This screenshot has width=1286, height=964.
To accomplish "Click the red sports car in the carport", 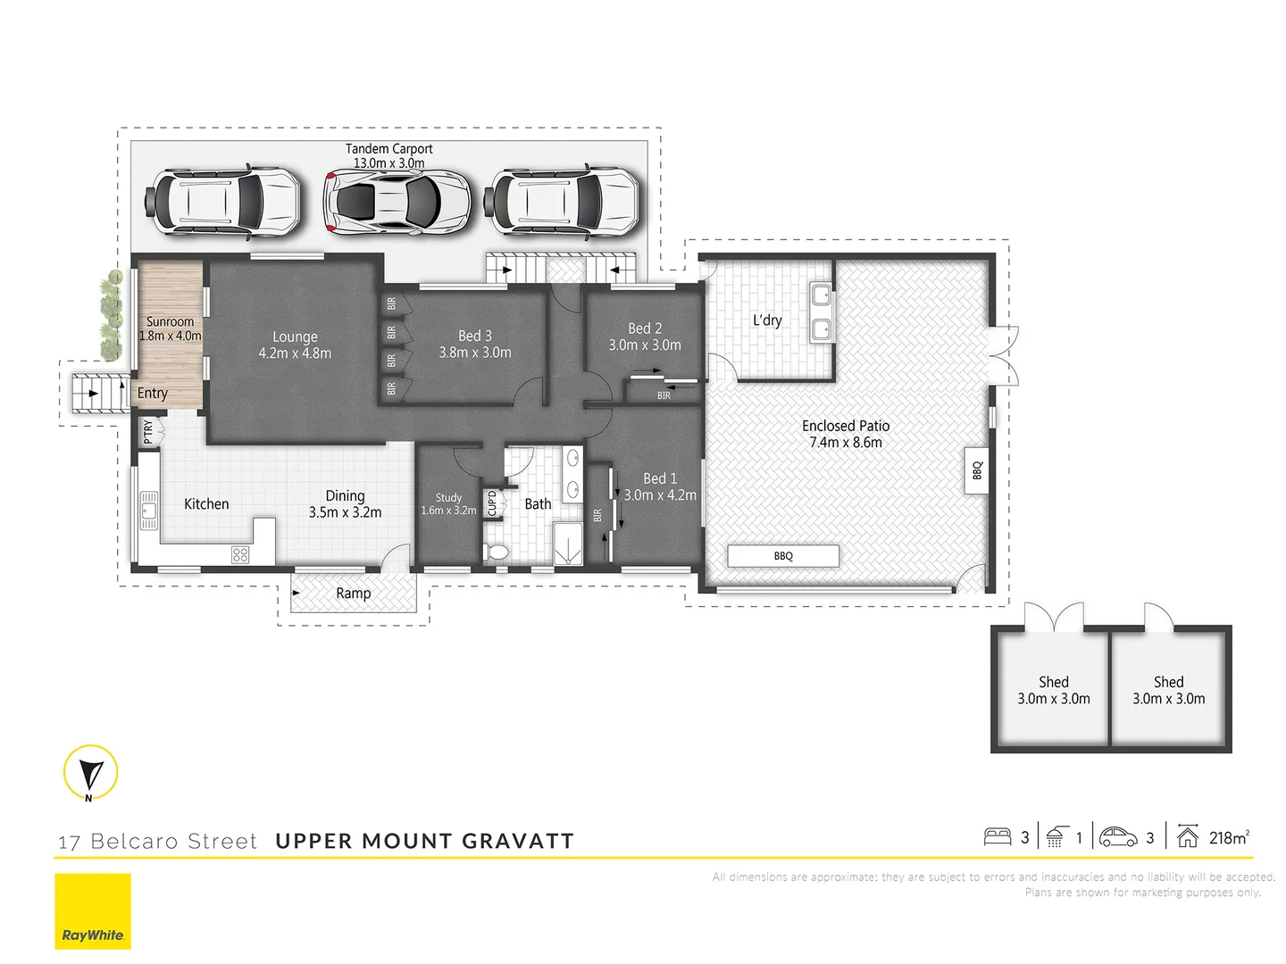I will pyautogui.click(x=397, y=203).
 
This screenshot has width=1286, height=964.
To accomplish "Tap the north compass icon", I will pyautogui.click(x=90, y=772).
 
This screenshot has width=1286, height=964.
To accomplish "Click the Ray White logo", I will pyautogui.click(x=93, y=910).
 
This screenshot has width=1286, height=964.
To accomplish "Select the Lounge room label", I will pyautogui.click(x=295, y=337).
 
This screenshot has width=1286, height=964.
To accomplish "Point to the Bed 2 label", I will pyautogui.click(x=645, y=328).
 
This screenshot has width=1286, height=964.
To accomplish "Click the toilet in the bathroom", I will pyautogui.click(x=497, y=552).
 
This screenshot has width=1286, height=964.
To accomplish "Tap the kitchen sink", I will pyautogui.click(x=148, y=510).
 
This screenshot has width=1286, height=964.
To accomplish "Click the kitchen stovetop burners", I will pyautogui.click(x=240, y=554).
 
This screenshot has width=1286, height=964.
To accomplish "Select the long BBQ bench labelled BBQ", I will pyautogui.click(x=783, y=556).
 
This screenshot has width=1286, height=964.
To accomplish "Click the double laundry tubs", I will pyautogui.click(x=821, y=312).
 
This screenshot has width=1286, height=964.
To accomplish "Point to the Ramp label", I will pyautogui.click(x=354, y=594).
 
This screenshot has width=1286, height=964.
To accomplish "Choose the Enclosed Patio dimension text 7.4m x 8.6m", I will pyautogui.click(x=846, y=443).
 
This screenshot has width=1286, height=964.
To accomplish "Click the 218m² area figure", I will pyautogui.click(x=1229, y=837).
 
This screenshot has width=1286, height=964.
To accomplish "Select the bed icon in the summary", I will pyautogui.click(x=998, y=836).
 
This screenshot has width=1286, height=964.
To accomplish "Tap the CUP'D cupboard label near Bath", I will pyautogui.click(x=491, y=503).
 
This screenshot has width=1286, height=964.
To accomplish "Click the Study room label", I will pyautogui.click(x=448, y=497).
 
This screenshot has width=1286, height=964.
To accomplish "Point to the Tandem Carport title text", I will pyautogui.click(x=389, y=149).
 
